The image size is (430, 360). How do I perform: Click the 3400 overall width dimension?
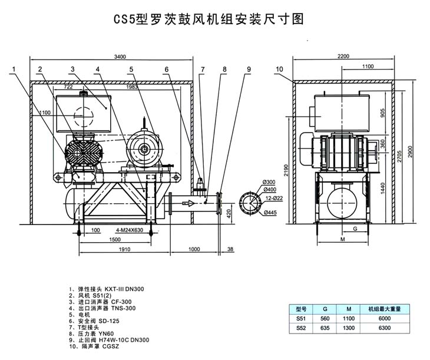(x=120, y=57)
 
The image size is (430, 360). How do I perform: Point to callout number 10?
(x=279, y=70)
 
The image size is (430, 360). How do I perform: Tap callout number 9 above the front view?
(x=249, y=70)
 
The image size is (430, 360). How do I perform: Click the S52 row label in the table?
(x=301, y=328)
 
